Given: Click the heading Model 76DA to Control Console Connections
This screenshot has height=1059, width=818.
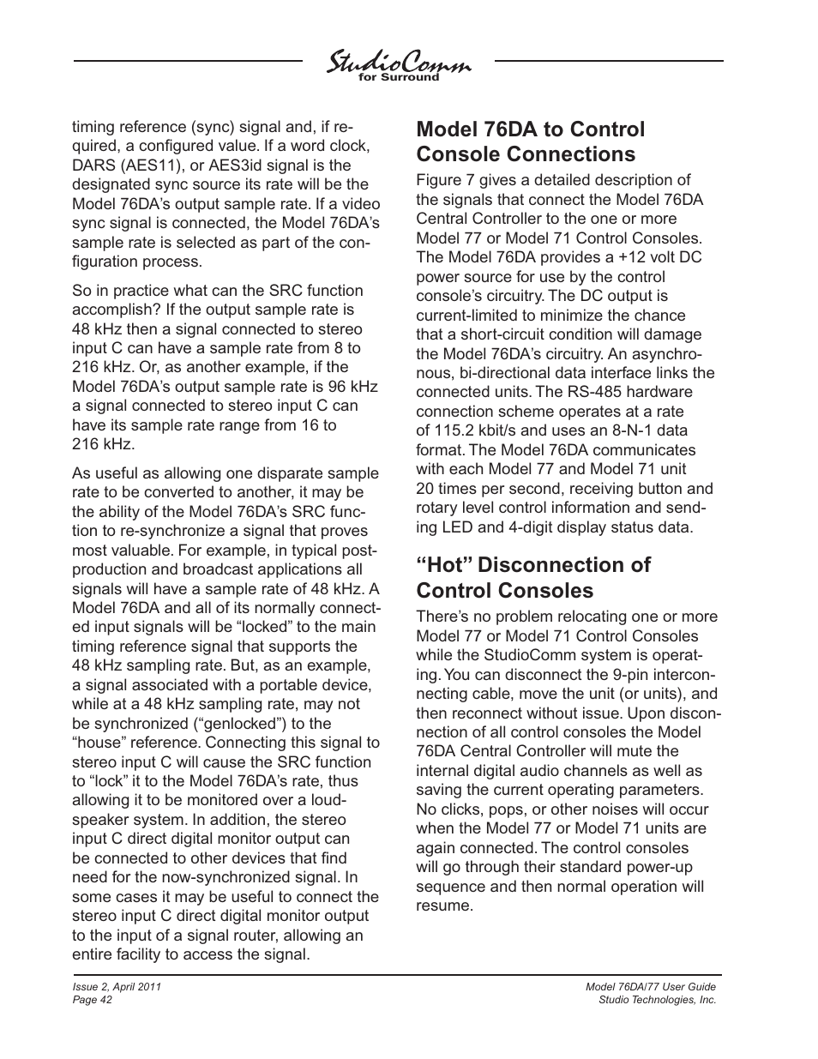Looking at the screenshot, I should pos(530,141).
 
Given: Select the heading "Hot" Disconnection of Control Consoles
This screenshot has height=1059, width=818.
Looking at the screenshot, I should pos(532,577).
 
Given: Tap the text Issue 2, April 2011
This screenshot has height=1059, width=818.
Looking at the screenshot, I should pos(117,987).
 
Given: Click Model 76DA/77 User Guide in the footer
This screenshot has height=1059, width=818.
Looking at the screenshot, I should pos(650,987).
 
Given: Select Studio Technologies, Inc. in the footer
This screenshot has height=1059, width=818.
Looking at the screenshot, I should pos(658,1000).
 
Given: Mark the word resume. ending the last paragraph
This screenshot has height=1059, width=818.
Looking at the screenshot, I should pos(444,906).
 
